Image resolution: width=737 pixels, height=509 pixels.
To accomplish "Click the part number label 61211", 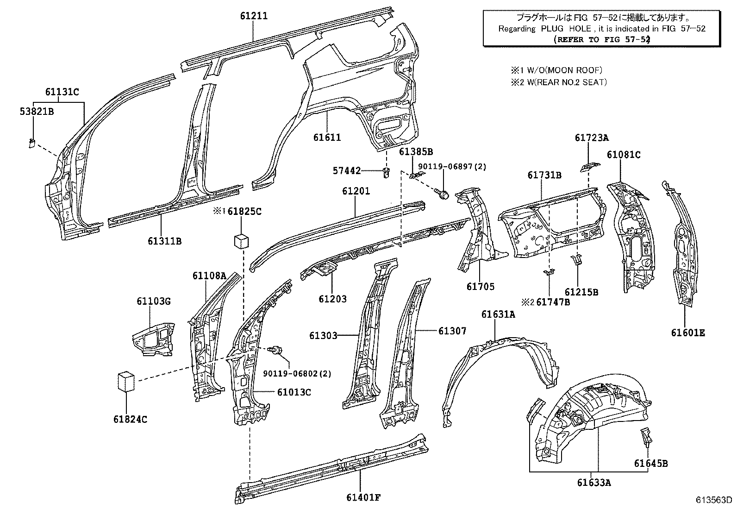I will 254,16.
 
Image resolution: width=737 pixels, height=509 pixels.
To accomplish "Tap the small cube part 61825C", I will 241,241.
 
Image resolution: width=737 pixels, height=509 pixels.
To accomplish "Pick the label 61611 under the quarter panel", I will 327,137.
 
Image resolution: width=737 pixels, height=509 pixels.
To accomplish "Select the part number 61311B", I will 164,241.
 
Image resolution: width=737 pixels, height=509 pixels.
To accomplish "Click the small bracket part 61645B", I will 645,436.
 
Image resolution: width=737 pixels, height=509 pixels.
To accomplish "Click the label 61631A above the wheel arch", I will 498,314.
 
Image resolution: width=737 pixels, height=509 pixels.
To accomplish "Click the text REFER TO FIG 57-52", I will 602,40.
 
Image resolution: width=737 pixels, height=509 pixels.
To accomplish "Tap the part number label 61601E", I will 688,333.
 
